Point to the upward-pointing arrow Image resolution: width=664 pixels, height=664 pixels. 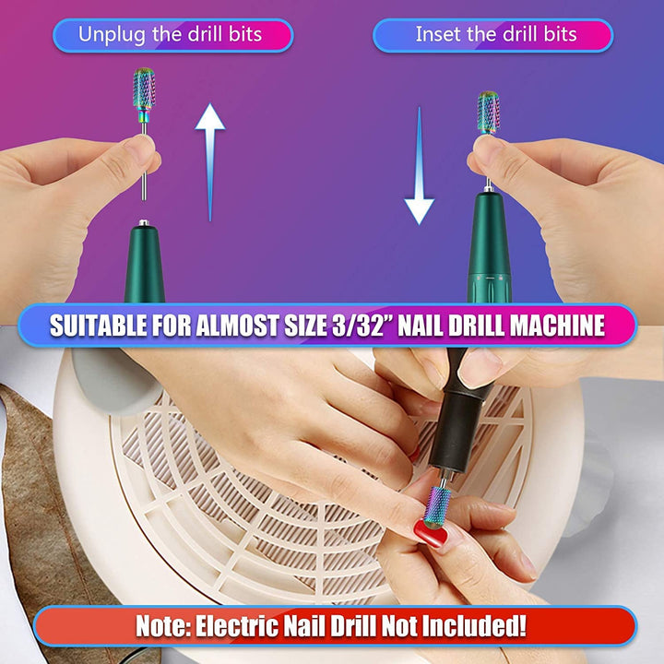click(210, 157)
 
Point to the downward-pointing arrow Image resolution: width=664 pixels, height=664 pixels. click(419, 171)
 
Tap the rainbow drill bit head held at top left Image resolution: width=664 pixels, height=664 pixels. click(144, 89)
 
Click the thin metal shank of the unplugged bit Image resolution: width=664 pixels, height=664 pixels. click(144, 166)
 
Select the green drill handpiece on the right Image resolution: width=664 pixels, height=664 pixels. click(488, 249)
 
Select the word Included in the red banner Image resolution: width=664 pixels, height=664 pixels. click(476, 625)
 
